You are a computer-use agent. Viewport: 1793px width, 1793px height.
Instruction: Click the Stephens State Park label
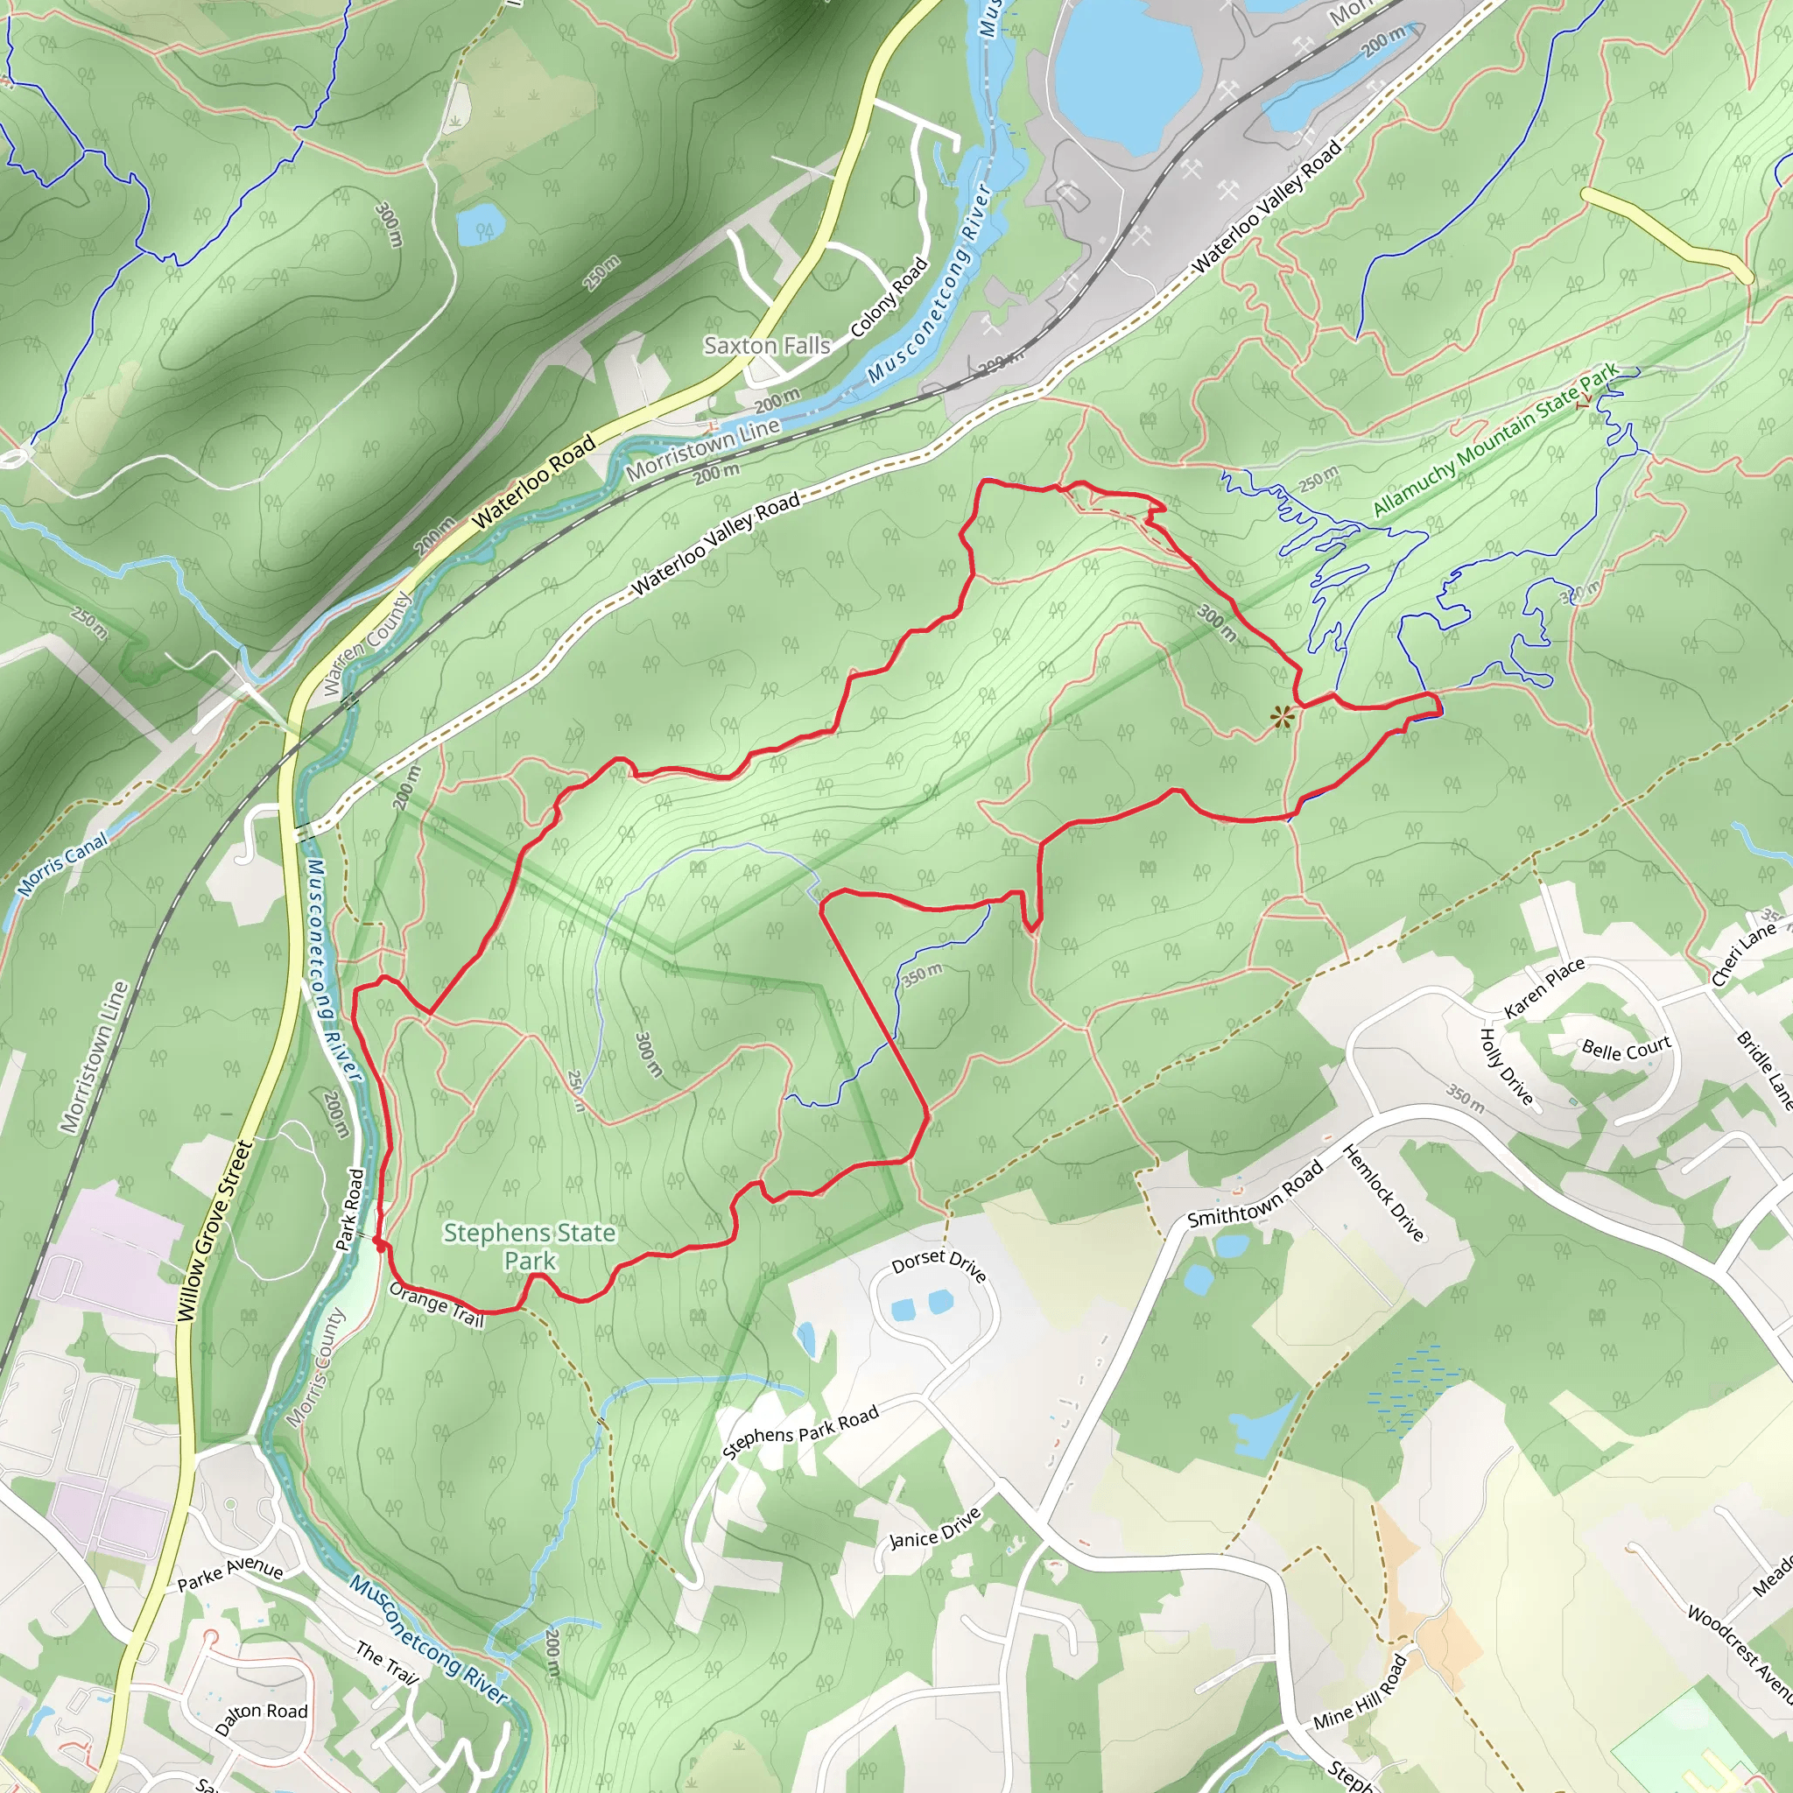529,1247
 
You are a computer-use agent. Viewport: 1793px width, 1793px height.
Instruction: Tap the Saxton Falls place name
767,345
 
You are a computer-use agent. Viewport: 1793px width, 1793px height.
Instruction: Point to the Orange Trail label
437,1304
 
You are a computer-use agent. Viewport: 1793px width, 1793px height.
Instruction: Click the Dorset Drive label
939,1264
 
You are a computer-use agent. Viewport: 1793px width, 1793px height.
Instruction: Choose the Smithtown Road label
1255,1194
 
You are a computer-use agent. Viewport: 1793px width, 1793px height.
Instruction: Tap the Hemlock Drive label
1382,1192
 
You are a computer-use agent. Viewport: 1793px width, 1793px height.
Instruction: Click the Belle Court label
1626,1050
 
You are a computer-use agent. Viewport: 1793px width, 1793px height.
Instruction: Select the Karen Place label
1544,988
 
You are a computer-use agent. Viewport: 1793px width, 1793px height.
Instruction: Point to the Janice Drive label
934,1529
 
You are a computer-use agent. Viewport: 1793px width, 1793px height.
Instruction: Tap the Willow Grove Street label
214,1231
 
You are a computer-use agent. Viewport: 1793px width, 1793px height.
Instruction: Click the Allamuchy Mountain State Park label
1495,439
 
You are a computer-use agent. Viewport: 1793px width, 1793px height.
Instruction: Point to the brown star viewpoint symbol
1282,715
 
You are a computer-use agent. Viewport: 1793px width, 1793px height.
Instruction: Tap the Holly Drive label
1505,1066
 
